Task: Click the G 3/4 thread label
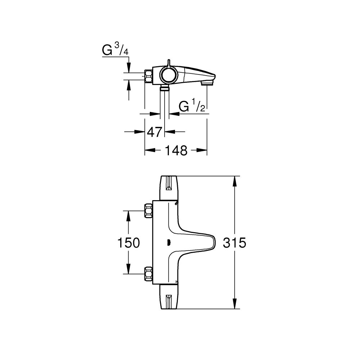[115, 50]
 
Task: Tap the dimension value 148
[176, 150]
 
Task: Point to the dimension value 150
[129, 243]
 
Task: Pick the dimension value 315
[235, 243]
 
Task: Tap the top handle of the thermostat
[168, 188]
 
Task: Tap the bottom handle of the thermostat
[168, 297]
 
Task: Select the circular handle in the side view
[167, 75]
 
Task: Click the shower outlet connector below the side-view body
[165, 88]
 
